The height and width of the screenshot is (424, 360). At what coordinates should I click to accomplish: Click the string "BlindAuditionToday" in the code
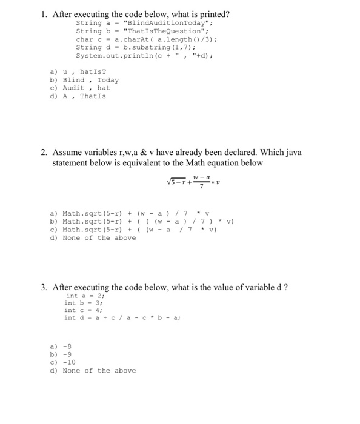coord(159,23)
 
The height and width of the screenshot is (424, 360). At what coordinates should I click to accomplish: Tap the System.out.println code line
coord(144,55)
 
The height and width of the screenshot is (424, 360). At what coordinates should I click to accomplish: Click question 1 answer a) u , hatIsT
coord(78,72)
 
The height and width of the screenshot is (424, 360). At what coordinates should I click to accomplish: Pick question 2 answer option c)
coord(133,230)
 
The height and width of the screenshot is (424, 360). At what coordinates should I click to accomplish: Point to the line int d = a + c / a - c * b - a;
coord(122,317)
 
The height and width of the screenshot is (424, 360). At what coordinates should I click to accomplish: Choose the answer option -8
coord(64,346)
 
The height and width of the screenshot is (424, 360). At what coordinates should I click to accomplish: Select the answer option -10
coord(66,362)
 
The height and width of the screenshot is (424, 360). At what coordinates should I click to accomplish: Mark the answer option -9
coord(64,354)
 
